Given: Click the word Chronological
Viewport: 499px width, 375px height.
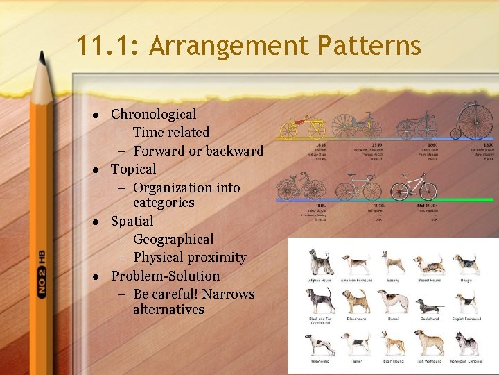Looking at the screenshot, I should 153,114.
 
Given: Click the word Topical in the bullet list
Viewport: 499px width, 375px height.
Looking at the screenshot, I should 134,169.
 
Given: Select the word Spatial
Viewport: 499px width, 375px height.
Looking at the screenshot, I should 132,221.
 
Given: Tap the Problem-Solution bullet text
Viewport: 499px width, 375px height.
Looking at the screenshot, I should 166,276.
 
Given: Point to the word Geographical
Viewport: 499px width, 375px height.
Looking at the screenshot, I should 173,239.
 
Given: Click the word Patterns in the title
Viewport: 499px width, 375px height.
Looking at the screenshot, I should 369,46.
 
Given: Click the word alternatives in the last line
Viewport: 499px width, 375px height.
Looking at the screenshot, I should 168,309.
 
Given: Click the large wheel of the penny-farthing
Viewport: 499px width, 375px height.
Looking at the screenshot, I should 475,120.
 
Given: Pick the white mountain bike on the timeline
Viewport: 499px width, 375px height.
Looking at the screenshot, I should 414,186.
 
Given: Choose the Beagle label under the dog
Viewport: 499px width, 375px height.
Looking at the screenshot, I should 465,281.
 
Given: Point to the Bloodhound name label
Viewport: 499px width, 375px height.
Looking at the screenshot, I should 357,319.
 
